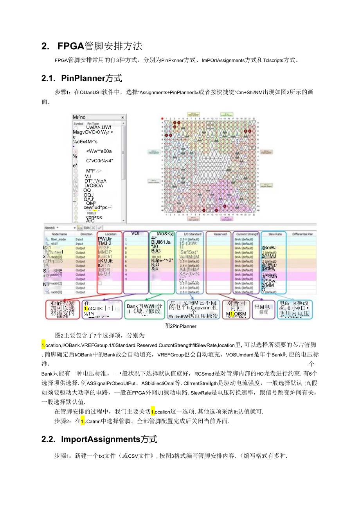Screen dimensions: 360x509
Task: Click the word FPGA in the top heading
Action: tap(71, 46)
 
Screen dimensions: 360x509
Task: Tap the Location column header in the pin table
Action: tap(110, 234)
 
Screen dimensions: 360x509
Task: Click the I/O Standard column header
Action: tap(190, 234)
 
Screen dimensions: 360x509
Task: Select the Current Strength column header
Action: tap(247, 234)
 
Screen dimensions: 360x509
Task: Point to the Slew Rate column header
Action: tap(275, 234)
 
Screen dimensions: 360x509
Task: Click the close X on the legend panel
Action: tap(122, 117)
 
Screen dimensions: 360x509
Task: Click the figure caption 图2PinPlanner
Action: tap(180, 326)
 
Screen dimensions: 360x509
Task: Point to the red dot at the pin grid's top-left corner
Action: tap(162, 118)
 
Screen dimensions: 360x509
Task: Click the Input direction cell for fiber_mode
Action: tap(80, 239)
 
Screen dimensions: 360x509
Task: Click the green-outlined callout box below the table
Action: tap(144, 309)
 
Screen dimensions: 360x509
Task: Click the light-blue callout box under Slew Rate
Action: tap(294, 309)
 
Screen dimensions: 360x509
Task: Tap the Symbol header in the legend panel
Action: tap(79, 123)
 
